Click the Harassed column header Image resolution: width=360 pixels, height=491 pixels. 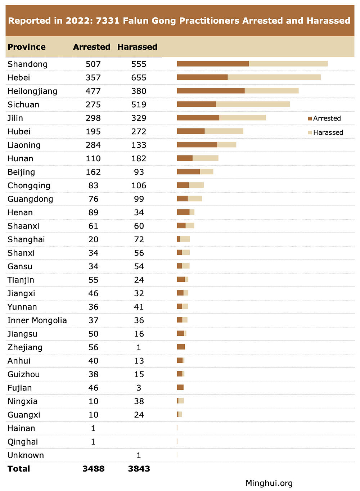click(x=137, y=47)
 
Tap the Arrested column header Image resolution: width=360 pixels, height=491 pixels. click(x=91, y=47)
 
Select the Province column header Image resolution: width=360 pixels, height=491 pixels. click(x=27, y=47)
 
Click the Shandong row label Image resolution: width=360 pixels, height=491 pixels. click(x=27, y=64)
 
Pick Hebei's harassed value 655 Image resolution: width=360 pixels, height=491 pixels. click(x=139, y=78)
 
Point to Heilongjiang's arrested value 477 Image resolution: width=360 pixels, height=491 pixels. click(x=93, y=91)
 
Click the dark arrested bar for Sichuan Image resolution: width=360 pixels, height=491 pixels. click(x=196, y=104)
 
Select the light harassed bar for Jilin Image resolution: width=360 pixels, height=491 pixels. click(x=243, y=118)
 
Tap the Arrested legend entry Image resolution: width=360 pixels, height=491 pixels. click(x=324, y=118)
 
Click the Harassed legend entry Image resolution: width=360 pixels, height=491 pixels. click(x=325, y=132)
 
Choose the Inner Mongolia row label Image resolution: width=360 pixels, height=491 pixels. click(x=37, y=320)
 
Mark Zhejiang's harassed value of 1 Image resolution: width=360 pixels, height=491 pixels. click(x=139, y=347)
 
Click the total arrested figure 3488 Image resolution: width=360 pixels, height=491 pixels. click(x=93, y=469)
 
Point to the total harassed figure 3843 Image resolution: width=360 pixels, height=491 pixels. click(x=139, y=469)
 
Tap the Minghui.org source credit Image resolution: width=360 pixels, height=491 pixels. click(x=269, y=483)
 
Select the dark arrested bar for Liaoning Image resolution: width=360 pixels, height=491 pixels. click(x=197, y=145)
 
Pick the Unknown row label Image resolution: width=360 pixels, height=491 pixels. click(x=26, y=455)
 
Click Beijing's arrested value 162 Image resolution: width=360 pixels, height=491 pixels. click(x=93, y=172)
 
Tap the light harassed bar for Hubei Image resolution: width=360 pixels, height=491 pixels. click(x=224, y=131)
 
